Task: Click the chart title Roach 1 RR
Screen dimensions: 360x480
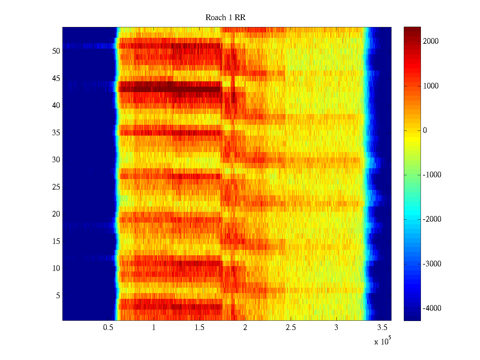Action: pos(225,18)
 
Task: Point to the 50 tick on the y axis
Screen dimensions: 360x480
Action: pos(56,51)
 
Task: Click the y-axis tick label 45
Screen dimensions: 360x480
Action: pos(56,79)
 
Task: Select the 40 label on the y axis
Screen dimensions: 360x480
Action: pos(56,106)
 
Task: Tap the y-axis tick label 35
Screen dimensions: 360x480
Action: pos(56,133)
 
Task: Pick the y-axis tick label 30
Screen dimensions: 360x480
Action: pos(56,160)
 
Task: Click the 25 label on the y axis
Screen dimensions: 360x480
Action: pos(56,187)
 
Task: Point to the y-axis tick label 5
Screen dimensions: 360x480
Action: pos(58,296)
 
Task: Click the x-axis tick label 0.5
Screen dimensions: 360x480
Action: pos(108,328)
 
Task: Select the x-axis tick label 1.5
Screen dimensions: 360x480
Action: pos(199,328)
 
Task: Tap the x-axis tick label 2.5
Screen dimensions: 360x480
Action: pos(290,328)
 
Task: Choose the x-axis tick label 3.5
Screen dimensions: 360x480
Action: pos(382,328)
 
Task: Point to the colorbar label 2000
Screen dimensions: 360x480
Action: pos(431,41)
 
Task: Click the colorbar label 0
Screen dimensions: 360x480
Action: pos(425,130)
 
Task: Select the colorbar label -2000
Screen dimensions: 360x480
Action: pos(432,219)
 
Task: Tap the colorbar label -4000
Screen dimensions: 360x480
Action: pos(432,308)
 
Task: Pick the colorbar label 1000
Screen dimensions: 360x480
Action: pos(431,86)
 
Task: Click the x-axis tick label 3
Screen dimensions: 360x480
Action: pos(336,328)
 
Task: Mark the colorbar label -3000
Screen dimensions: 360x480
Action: pos(432,264)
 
